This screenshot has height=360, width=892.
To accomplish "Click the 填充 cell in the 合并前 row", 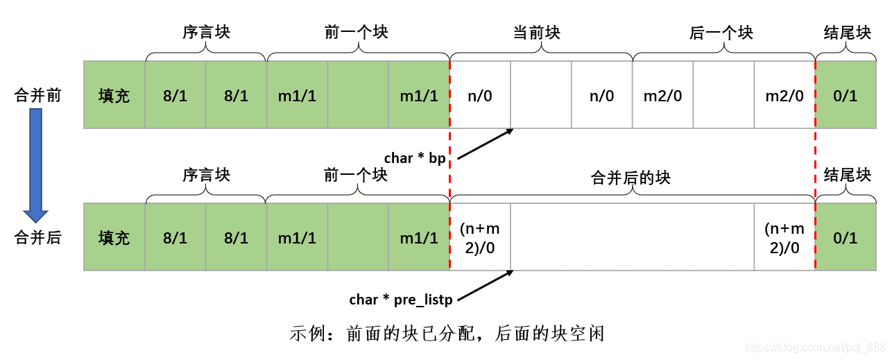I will (114, 95).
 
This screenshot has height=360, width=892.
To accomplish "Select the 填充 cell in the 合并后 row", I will (114, 237).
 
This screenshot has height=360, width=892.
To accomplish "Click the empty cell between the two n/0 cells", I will (541, 95).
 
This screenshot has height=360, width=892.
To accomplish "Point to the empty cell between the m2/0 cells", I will (723, 95).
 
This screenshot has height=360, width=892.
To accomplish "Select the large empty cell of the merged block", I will (632, 237).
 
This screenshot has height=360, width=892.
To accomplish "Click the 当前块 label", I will (536, 33).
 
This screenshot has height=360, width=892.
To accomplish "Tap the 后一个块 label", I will (721, 33).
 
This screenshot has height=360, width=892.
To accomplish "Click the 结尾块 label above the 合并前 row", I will (847, 33).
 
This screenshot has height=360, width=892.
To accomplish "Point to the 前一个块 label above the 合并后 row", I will (356, 175).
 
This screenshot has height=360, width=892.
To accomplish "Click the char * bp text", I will (414, 158).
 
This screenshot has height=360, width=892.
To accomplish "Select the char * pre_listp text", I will (400, 300).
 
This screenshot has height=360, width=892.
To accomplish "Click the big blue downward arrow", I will (35, 164).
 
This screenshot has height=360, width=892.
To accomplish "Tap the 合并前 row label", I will (38, 95).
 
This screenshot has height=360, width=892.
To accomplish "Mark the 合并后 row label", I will (38, 237).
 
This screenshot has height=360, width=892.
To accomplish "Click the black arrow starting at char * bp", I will (486, 144).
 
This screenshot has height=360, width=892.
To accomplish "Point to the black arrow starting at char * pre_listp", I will (486, 286).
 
